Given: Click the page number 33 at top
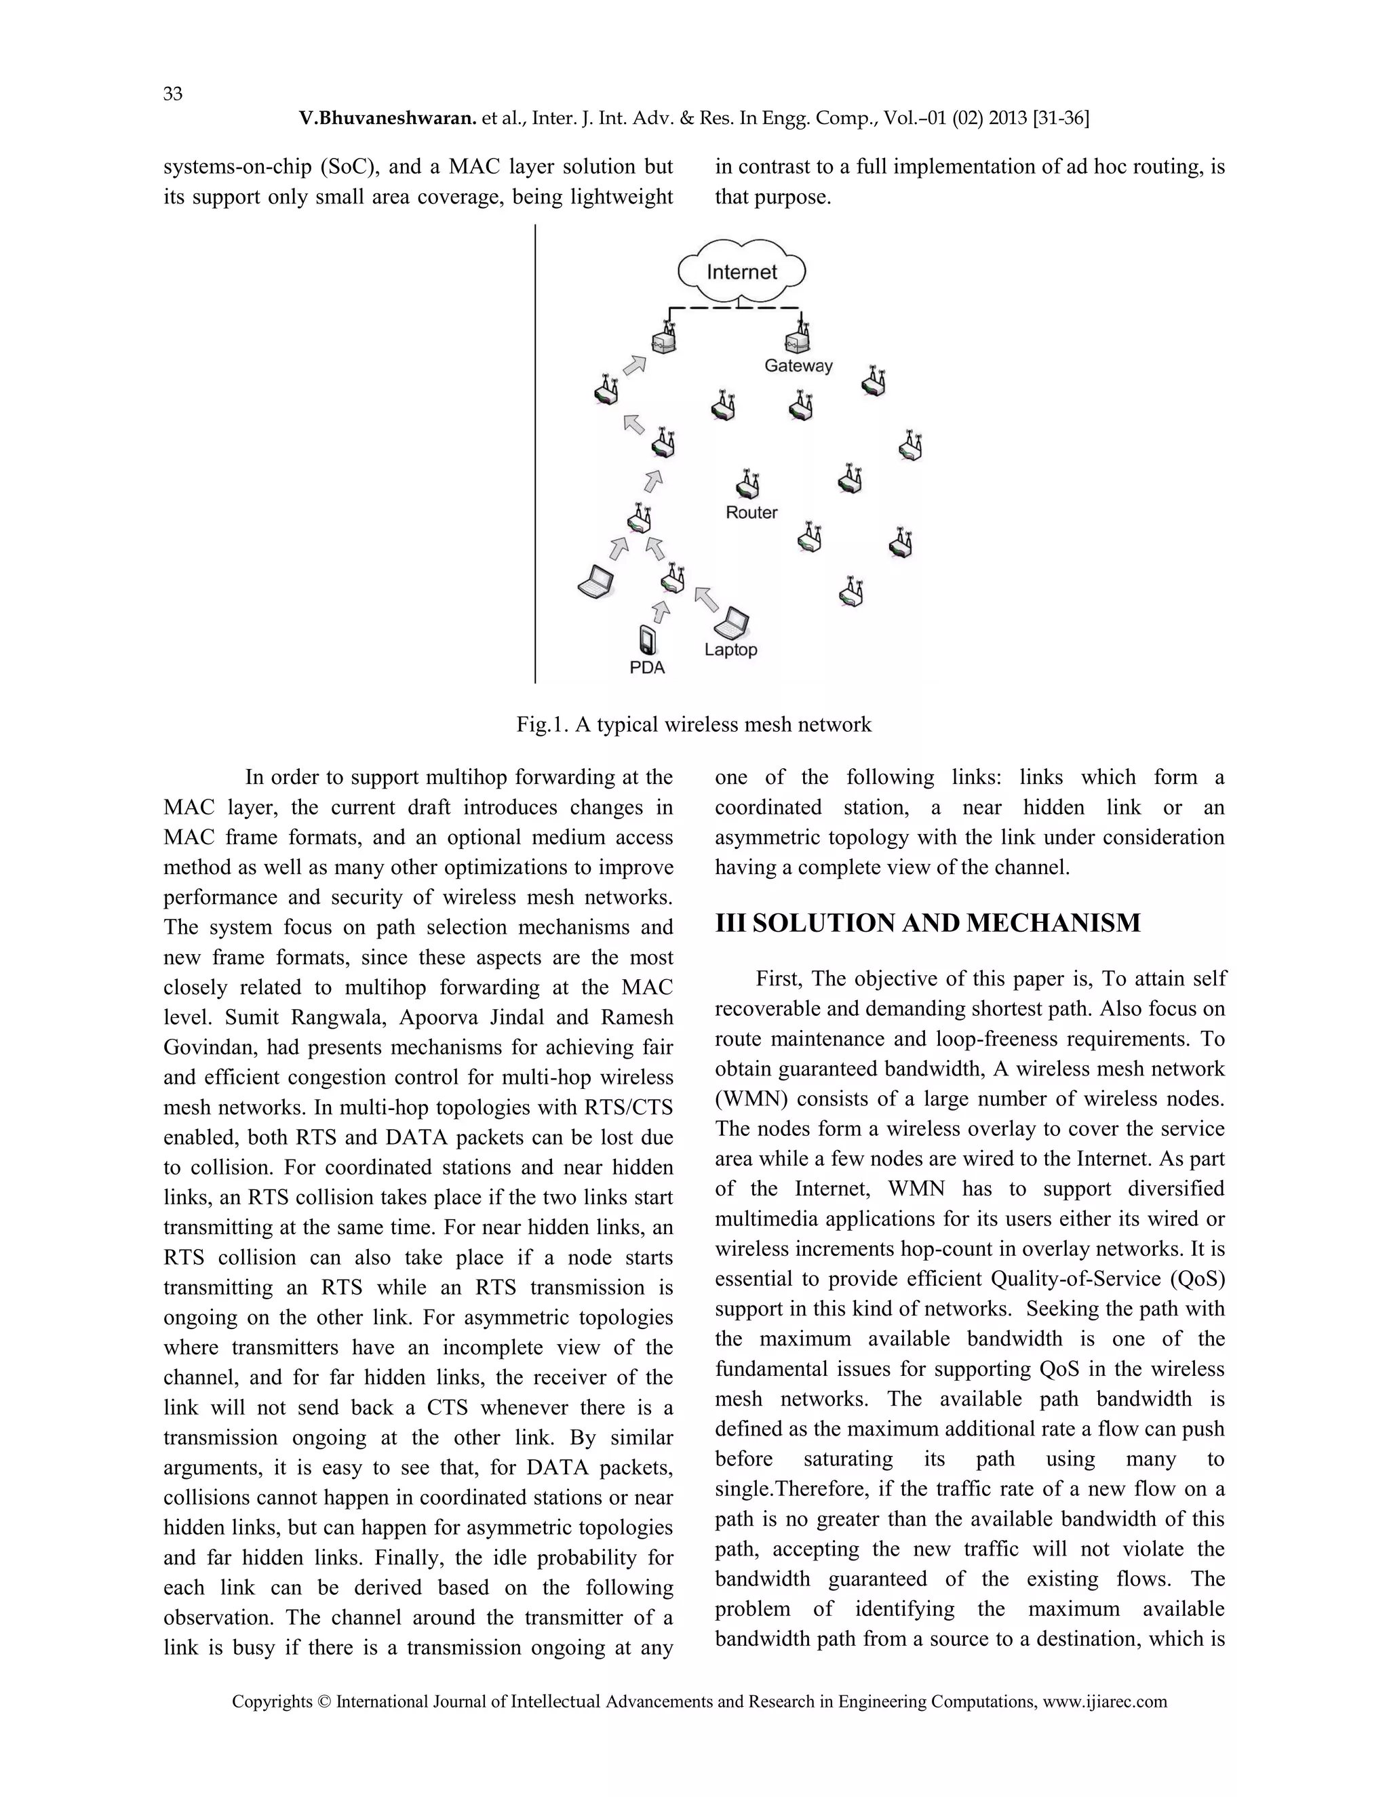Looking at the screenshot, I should [x=173, y=94].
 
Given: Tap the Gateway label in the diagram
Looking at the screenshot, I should [x=798, y=366].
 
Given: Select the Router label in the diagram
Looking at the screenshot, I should [x=751, y=513].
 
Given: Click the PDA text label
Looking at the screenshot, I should [x=647, y=668].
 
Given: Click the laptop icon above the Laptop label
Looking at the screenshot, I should [x=732, y=624].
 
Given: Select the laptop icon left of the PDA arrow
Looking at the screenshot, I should [x=595, y=582].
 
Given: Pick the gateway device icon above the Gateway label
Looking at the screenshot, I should [x=798, y=339].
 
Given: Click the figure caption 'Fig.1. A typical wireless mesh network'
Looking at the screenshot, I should [x=694, y=725].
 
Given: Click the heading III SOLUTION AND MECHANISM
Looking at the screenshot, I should [x=927, y=923].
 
